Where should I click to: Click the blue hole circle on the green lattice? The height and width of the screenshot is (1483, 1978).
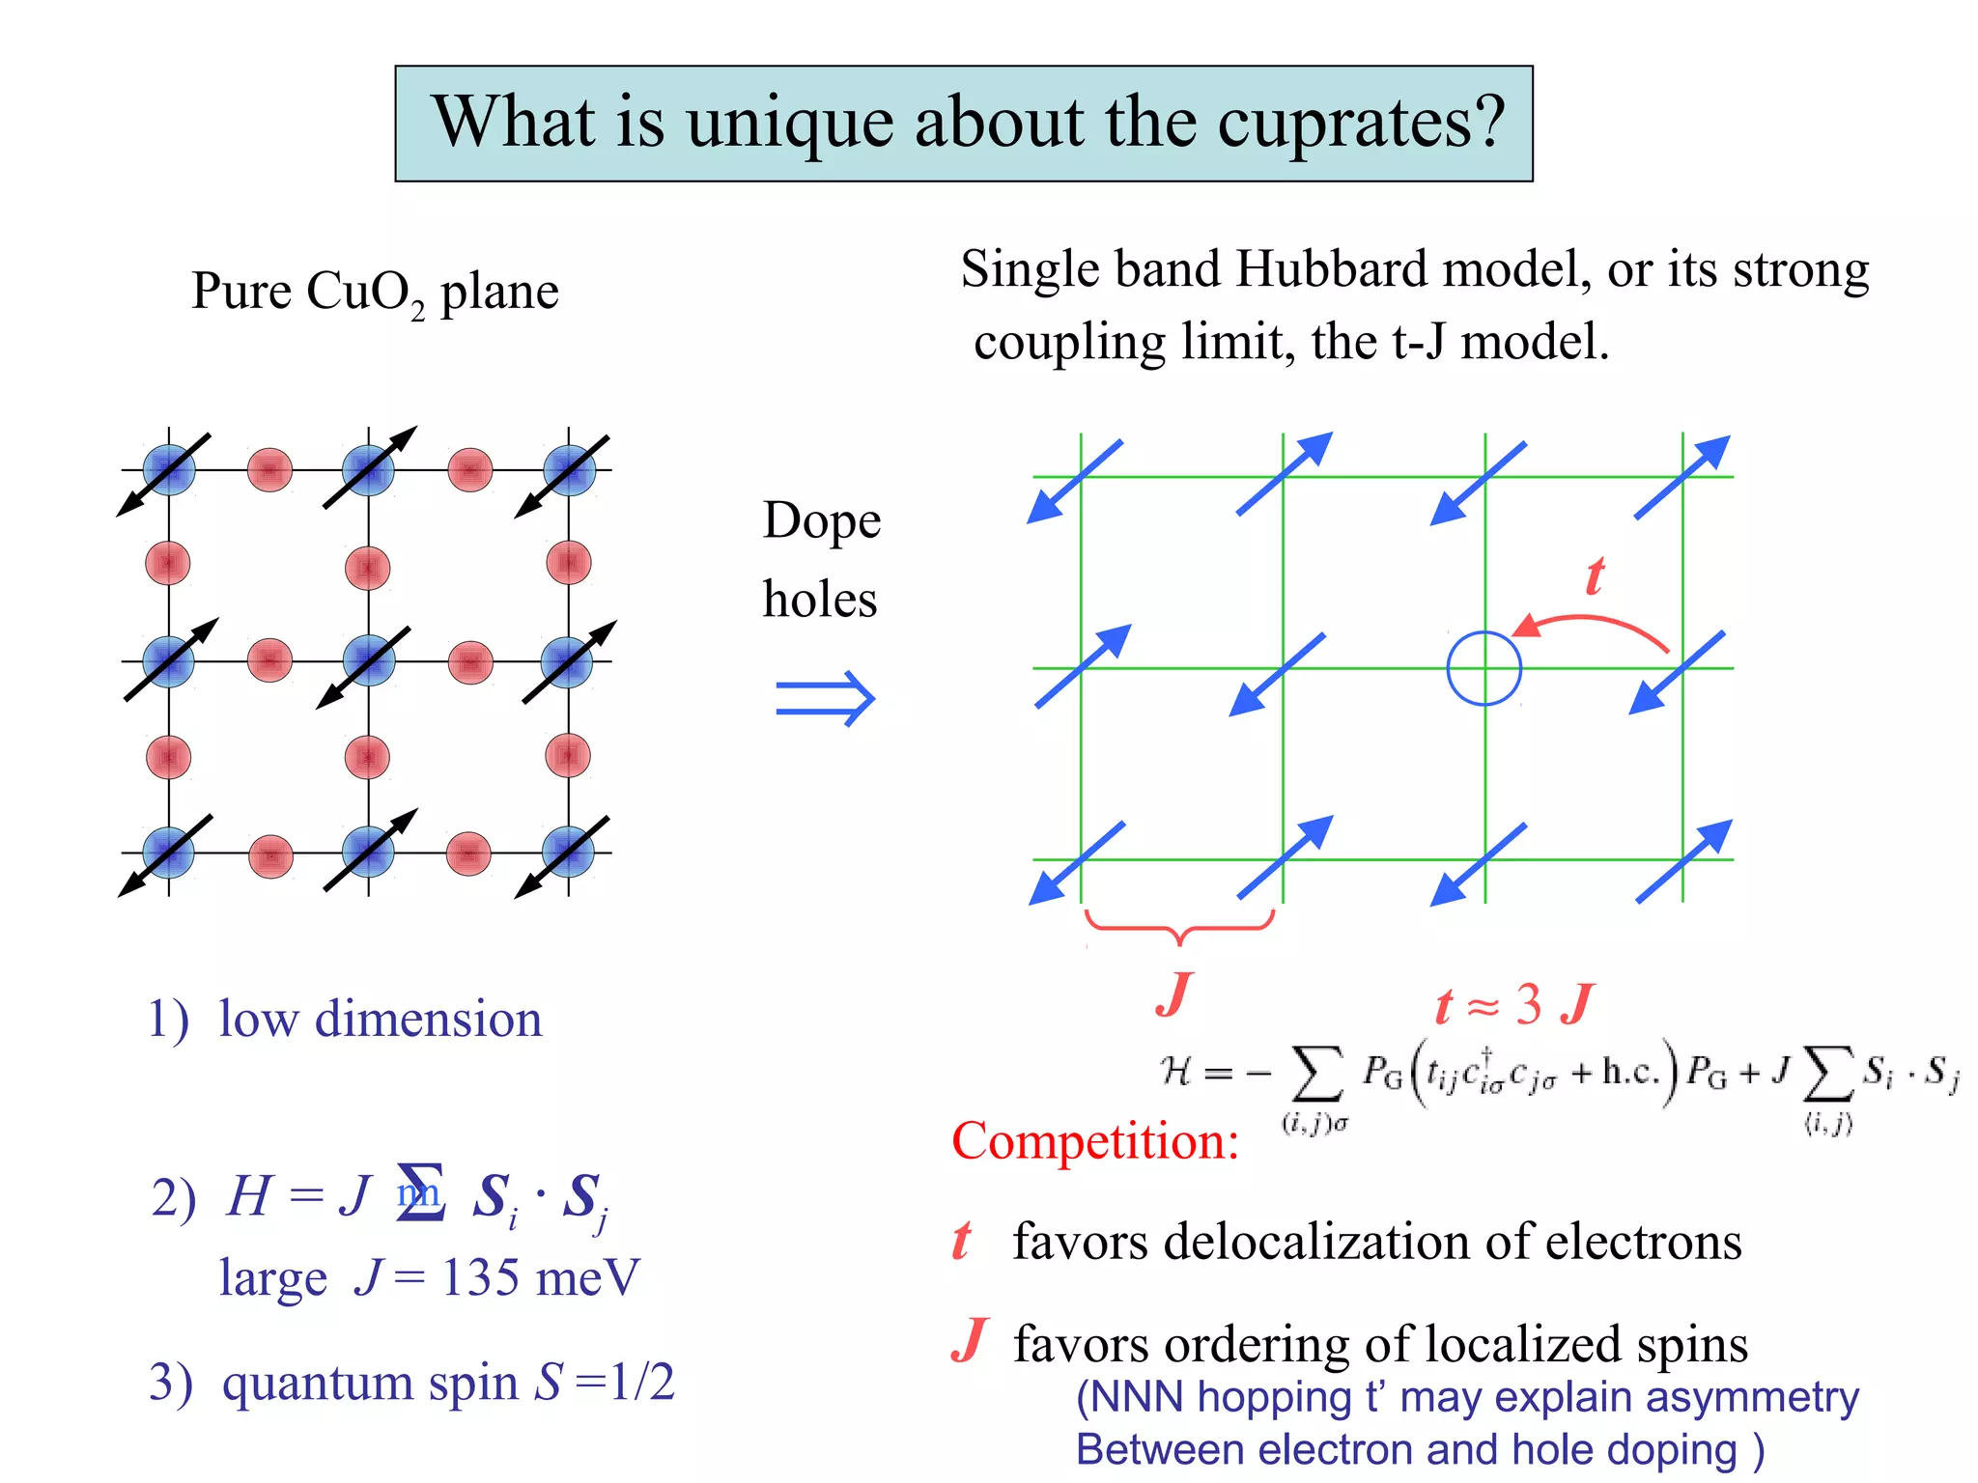tap(1483, 668)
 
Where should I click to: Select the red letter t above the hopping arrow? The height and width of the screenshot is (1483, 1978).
tap(1595, 576)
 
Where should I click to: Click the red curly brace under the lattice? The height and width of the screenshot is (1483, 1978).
tap(1179, 927)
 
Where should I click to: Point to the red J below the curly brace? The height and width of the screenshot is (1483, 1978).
tap(1174, 994)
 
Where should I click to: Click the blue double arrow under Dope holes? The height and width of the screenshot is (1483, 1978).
tap(825, 698)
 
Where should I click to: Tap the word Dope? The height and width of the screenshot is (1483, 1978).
tap(822, 520)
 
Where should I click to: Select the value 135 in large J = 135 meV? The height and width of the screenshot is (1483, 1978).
tap(480, 1278)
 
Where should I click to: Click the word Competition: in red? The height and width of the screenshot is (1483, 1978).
tap(1095, 1141)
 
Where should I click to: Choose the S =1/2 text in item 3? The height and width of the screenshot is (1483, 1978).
tap(605, 1383)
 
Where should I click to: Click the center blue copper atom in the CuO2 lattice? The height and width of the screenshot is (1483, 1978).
tap(368, 661)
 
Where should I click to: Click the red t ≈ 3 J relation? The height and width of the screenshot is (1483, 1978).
tap(1513, 1005)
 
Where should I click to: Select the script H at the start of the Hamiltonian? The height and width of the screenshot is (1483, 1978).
tap(1176, 1071)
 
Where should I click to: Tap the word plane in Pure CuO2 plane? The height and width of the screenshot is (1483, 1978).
tap(499, 293)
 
